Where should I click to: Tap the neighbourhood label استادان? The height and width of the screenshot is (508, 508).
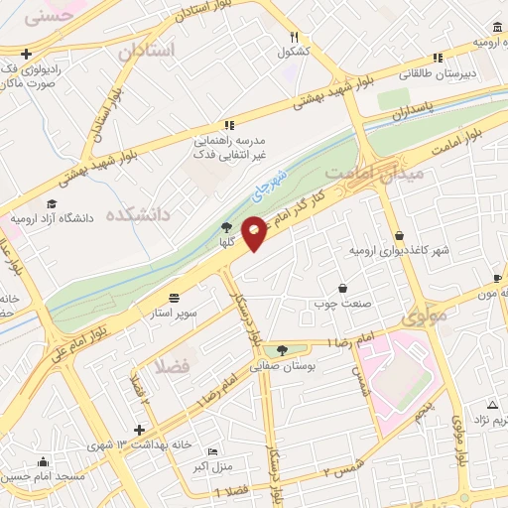[x=152, y=50]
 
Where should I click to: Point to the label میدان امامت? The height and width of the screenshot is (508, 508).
[x=390, y=171]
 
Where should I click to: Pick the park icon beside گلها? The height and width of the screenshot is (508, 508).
[x=227, y=228]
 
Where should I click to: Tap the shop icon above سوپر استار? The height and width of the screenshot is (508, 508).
[x=176, y=297]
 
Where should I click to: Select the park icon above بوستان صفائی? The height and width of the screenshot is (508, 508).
[x=285, y=350]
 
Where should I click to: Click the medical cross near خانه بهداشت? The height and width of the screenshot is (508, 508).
[x=139, y=431]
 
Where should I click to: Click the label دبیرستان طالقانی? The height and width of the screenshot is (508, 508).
[x=436, y=72]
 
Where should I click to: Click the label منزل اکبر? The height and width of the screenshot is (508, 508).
[x=212, y=466]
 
